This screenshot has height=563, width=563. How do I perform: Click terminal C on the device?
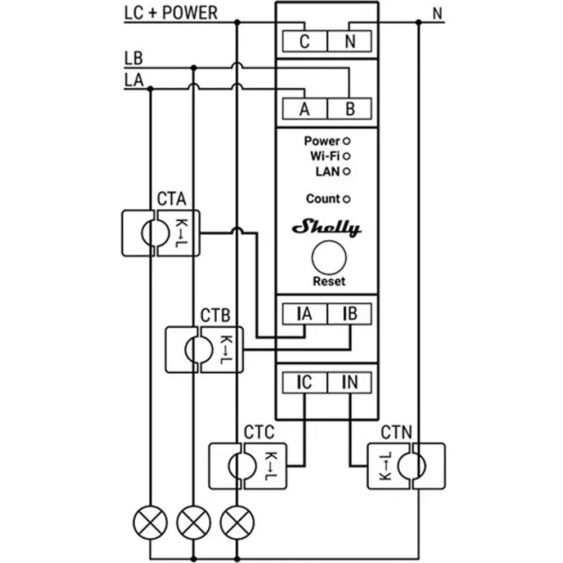305,42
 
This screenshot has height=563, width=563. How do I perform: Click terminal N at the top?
350,42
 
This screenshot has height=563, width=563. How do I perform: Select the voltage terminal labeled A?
305,109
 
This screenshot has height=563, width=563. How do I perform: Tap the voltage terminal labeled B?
350,109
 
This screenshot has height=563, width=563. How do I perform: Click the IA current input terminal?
305,314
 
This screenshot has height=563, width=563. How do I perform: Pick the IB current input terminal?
350,314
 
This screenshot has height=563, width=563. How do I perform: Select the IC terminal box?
305,382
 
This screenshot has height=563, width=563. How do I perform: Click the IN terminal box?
350,382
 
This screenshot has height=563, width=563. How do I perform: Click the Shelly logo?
327,228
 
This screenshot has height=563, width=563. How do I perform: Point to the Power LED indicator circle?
346,141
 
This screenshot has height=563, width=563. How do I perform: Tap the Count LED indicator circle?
346,199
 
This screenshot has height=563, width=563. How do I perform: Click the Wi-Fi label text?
325,155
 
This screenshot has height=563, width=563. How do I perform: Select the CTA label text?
171,199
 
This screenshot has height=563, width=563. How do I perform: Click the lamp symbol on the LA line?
150,522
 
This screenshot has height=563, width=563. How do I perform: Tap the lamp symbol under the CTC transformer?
236,522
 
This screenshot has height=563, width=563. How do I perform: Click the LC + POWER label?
171,12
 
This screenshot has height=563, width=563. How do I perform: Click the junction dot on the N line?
418,23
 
